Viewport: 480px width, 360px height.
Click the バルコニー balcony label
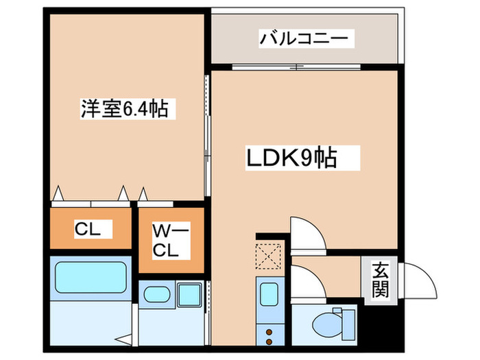click(306, 38)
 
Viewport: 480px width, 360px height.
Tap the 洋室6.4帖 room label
click(124, 108)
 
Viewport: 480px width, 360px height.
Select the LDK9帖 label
click(291, 159)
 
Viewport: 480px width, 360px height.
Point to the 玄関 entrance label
click(381, 280)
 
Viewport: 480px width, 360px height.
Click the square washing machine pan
click(187, 296)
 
